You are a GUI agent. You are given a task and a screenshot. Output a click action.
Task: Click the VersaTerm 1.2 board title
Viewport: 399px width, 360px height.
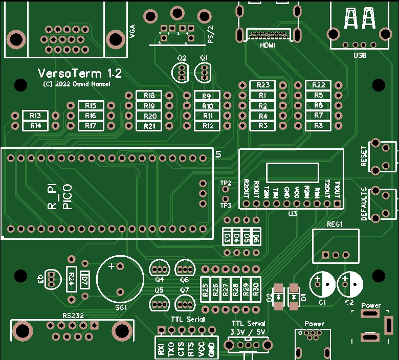[x=80, y=73]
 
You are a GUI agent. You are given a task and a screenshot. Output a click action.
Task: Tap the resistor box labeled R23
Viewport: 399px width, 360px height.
[x=263, y=85]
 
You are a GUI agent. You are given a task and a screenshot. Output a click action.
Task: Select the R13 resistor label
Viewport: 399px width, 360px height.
[x=35, y=115]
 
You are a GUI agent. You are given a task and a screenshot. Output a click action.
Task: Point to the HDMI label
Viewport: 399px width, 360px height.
[x=268, y=45]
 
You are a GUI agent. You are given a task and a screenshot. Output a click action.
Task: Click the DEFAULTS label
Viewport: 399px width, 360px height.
[x=364, y=204]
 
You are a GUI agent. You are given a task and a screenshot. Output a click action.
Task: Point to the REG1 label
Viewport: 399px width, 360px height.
[x=335, y=224]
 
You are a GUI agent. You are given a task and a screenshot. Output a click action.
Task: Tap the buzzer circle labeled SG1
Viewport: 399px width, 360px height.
[x=120, y=280]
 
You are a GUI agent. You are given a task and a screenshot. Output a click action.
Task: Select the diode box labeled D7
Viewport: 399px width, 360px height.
[x=85, y=280]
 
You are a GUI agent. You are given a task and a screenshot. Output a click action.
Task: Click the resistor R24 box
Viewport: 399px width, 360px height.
[x=72, y=279]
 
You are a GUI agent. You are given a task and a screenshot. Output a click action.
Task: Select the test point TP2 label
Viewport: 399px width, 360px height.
[x=226, y=183]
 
